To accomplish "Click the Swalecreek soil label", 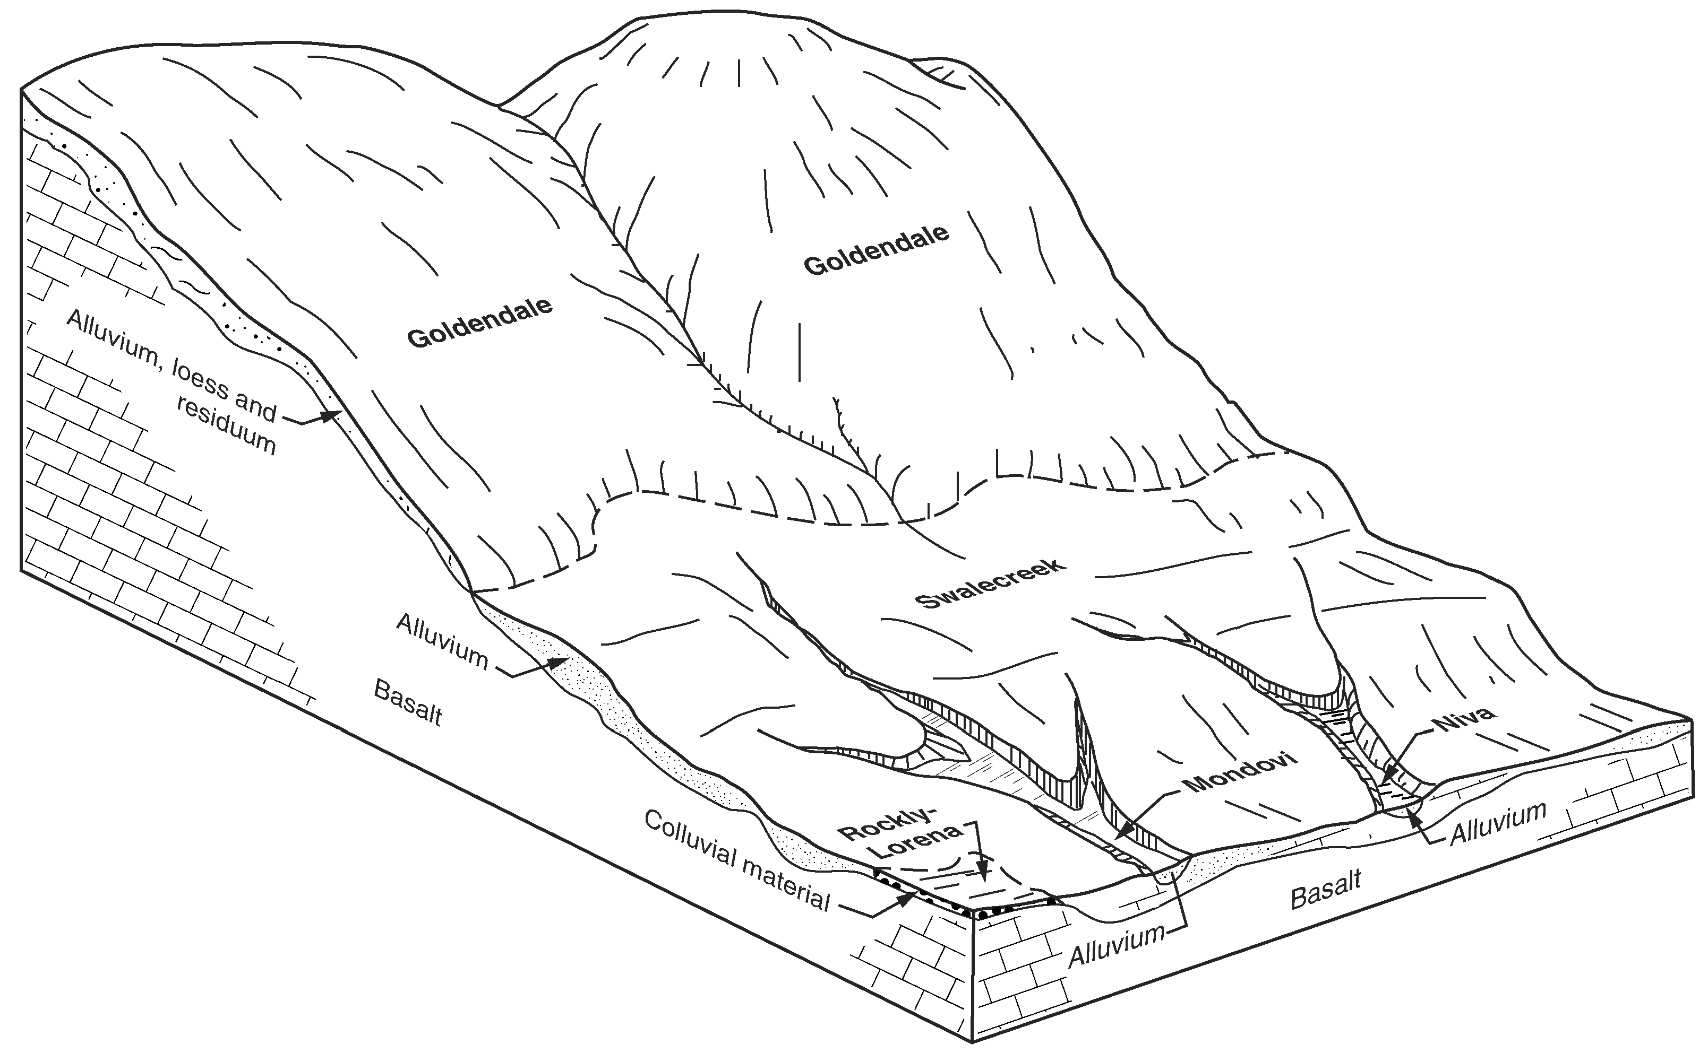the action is (x=990, y=582).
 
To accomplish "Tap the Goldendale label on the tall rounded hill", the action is (x=876, y=249).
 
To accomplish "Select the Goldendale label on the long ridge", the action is (x=479, y=323).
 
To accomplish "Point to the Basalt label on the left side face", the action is (x=408, y=703).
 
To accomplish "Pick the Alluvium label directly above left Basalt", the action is (x=442, y=640).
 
